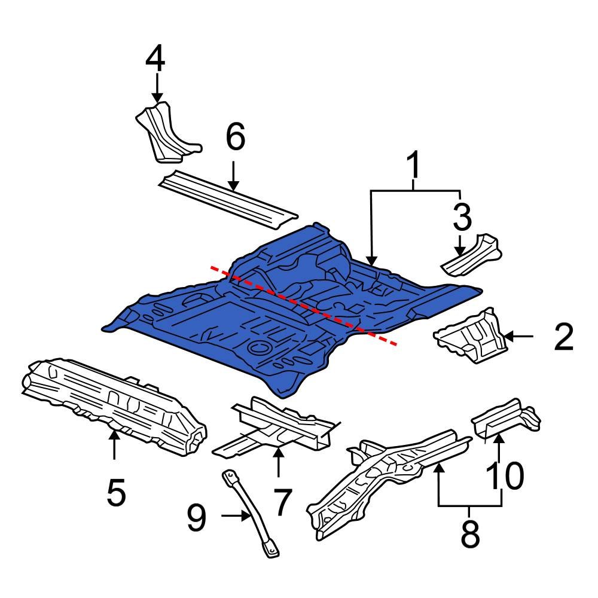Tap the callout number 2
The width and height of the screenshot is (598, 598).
[564, 337]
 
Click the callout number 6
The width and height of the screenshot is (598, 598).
[234, 139]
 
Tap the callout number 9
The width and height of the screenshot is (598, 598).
[197, 517]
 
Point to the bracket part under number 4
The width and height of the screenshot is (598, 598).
[164, 132]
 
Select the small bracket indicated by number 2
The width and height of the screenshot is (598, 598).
[472, 335]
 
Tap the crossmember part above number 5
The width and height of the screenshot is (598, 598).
[114, 401]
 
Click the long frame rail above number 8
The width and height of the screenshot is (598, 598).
[389, 472]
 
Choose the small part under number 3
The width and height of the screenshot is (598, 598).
[472, 257]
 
